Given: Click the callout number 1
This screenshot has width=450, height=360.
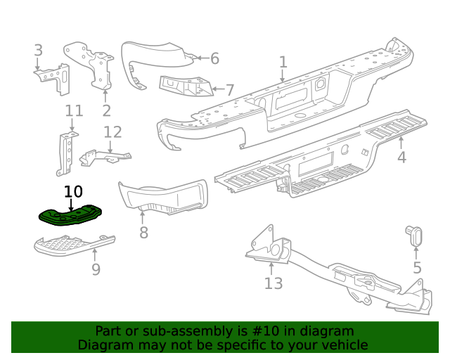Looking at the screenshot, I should (283, 63).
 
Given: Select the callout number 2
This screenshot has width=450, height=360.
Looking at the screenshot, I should (106, 110).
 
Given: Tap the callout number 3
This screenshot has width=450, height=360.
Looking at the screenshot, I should (38, 50).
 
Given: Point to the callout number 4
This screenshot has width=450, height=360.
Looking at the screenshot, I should (401, 157).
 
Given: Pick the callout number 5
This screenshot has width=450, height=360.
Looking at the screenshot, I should (417, 267).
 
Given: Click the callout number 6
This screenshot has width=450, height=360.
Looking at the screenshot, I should (214, 58).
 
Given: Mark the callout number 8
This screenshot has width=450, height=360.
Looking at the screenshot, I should (143, 232).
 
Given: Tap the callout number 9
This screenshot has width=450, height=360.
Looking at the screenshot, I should (96, 269).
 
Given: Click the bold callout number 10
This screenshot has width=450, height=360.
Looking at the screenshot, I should (73, 191).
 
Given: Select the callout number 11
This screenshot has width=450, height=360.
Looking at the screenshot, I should (74, 110).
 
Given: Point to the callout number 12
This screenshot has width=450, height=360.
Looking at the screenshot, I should (112, 132).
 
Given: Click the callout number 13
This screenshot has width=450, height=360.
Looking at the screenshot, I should (273, 283).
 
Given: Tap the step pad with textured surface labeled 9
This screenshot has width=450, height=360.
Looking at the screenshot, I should (70, 245).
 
